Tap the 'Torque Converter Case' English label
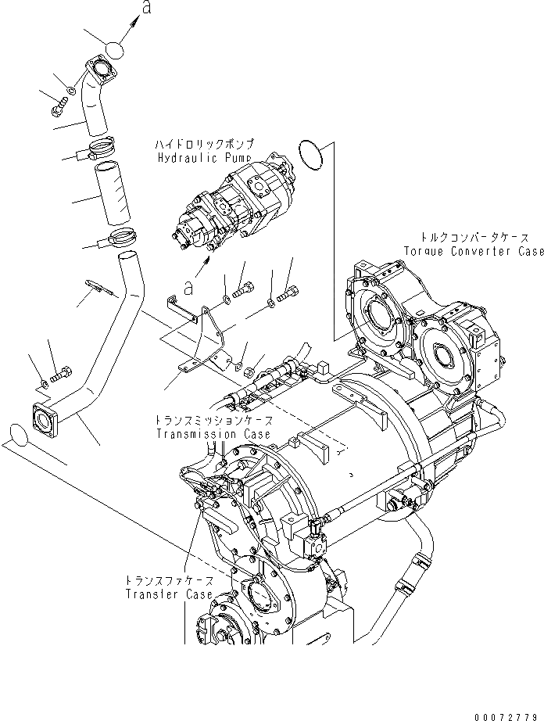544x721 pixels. (x=474, y=252)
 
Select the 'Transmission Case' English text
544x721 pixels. (x=213, y=434)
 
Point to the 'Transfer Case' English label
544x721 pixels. (x=168, y=594)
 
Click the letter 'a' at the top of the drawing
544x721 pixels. (x=145, y=9)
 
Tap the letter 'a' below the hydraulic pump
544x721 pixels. (x=188, y=287)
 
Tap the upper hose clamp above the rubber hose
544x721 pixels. (x=102, y=145)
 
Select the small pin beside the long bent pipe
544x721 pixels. (x=100, y=289)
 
